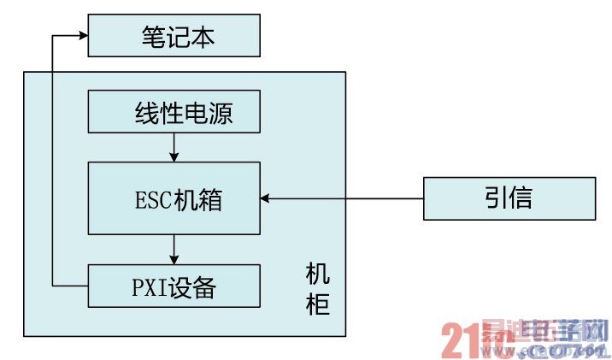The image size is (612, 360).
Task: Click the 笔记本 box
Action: [174, 36]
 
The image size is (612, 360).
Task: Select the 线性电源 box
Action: [174, 112]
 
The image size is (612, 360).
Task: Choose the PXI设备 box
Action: [174, 286]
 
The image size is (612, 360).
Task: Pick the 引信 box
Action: [509, 198]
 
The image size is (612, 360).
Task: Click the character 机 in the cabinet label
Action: [317, 276]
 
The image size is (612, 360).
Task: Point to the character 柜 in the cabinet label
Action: [317, 304]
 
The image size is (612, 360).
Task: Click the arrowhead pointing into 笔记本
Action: [83, 36]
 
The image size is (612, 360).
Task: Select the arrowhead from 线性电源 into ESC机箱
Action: [174, 156]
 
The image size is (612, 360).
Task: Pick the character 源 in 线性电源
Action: [221, 112]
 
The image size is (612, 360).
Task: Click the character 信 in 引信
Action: [521, 198]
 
